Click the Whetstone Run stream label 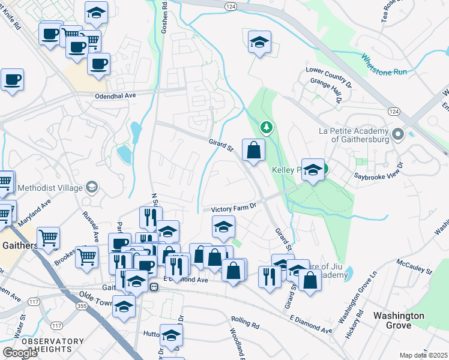tap(384, 65)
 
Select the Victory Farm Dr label tap(234, 206)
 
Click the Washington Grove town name tap(399, 320)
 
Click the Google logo tap(20, 353)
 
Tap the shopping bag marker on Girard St tap(253, 150)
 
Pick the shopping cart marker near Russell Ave tap(87, 257)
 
